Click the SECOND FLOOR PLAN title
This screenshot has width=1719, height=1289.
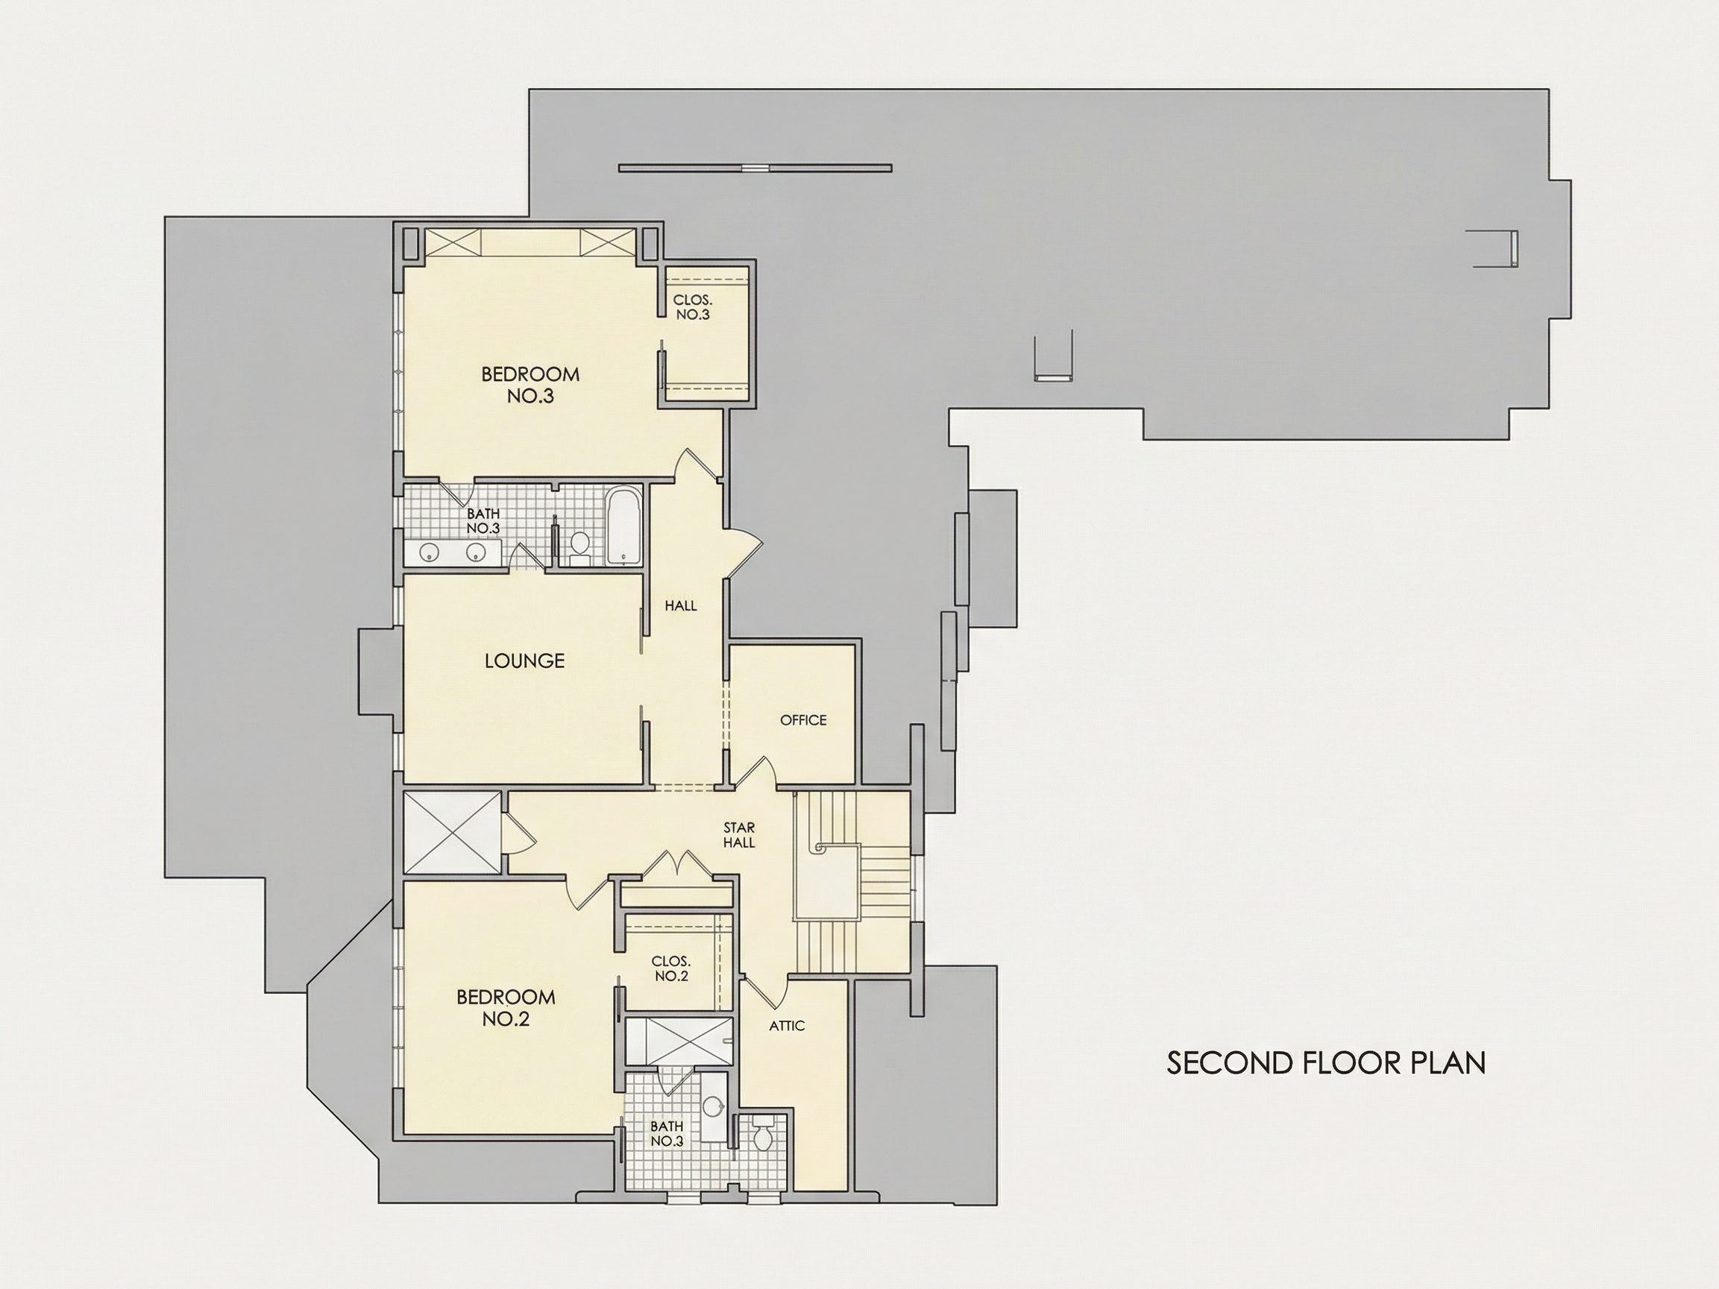[x=1326, y=1064]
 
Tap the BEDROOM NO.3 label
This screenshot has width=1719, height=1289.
[x=530, y=385]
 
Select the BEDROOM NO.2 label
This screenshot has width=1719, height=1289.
[x=505, y=1008]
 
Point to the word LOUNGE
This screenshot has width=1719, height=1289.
[x=524, y=661]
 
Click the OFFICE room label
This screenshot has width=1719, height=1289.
[x=802, y=720]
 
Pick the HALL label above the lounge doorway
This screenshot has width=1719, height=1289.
[x=681, y=606]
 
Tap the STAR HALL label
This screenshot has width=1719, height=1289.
[x=739, y=835]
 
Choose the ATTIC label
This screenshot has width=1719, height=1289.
[x=787, y=1026]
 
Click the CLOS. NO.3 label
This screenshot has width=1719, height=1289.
[x=692, y=308]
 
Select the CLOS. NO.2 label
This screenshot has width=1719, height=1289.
[x=670, y=969]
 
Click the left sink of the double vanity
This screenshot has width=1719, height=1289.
[x=430, y=552]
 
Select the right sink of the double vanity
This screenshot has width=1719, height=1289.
[x=477, y=552]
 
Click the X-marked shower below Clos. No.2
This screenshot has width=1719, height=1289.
[x=678, y=1042]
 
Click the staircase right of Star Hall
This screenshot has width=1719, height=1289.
[x=852, y=882]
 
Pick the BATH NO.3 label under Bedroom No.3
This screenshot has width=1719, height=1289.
[x=483, y=521]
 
